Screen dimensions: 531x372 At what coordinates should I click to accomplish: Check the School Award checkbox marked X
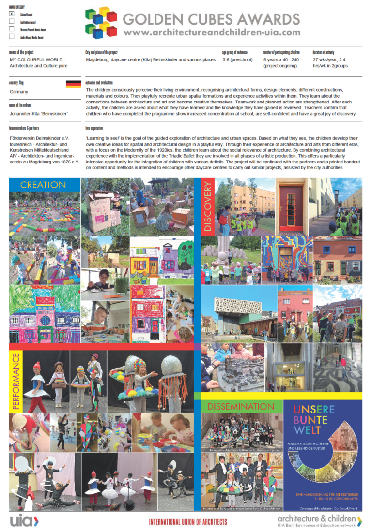click(12, 14)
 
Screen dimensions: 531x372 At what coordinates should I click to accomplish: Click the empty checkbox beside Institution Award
click(12, 22)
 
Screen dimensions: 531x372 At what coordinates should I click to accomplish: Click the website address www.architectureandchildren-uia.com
click(212, 32)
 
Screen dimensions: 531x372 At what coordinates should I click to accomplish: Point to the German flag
click(73, 84)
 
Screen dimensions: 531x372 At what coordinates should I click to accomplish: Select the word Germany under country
click(19, 92)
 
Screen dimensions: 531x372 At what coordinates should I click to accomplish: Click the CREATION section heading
click(44, 185)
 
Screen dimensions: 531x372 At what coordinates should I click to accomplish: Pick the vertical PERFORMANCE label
click(15, 381)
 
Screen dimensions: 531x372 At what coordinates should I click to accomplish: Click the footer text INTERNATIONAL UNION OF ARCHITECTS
click(188, 522)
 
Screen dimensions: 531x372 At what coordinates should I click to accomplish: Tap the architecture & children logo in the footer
click(319, 520)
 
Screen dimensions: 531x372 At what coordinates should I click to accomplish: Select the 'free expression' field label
click(94, 128)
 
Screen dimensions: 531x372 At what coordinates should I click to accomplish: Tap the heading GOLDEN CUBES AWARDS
click(211, 19)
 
